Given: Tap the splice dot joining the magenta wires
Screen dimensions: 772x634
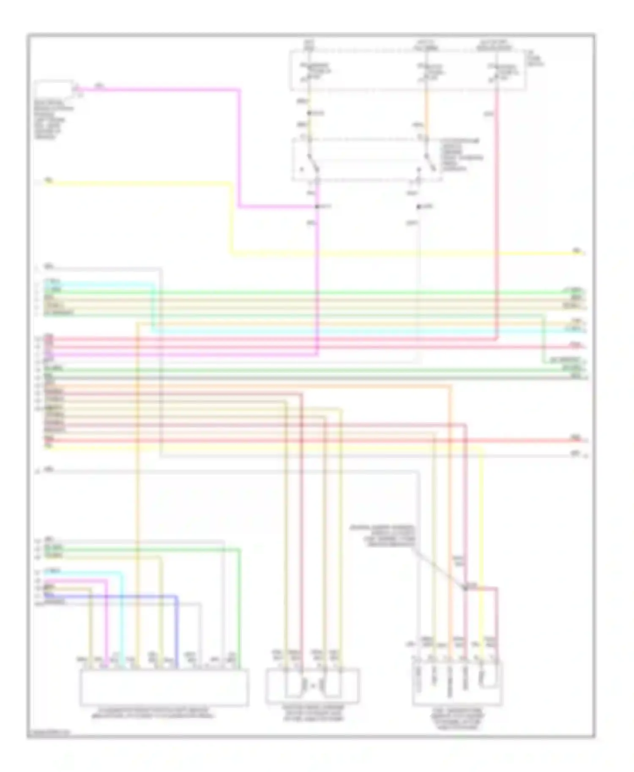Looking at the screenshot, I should click(x=317, y=207).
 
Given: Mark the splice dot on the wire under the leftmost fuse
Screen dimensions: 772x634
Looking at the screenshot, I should click(x=309, y=113).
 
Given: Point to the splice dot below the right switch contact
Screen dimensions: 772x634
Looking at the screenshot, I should click(x=418, y=207).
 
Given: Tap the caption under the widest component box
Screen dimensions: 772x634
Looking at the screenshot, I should click(x=154, y=713).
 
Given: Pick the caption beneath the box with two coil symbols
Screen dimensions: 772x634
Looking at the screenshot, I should click(x=313, y=713).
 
